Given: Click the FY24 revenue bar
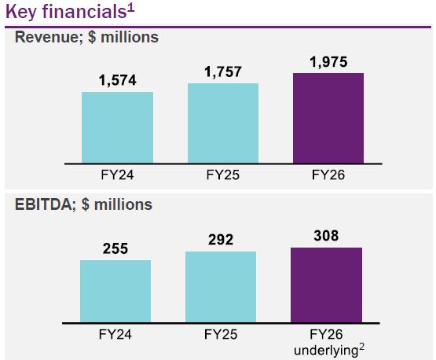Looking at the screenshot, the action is (x=117, y=127).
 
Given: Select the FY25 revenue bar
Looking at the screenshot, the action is (x=223, y=123).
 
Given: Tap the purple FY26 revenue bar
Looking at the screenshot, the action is (x=328, y=118).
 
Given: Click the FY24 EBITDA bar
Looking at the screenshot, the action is (x=115, y=292).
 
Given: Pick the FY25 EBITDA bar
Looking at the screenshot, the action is (x=221, y=287).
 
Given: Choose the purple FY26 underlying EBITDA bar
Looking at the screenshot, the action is (x=327, y=285).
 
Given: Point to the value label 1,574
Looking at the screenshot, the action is (x=118, y=80).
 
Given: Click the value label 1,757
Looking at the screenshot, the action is (x=223, y=72).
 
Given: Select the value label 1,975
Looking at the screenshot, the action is (x=328, y=62).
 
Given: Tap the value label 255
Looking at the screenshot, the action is (x=115, y=248).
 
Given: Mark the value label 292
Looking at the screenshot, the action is (x=221, y=240).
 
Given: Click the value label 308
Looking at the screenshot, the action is (x=327, y=236).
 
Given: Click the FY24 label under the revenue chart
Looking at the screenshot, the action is (x=117, y=175).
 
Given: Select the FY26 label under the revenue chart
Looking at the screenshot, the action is (x=328, y=175).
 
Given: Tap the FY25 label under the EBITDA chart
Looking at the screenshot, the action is (x=221, y=334).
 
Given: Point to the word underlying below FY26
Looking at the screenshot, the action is (x=326, y=351).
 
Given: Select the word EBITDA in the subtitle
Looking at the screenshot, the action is (x=44, y=205).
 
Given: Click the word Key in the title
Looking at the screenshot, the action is (x=21, y=13).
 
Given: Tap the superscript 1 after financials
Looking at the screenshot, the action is (x=131, y=8).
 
